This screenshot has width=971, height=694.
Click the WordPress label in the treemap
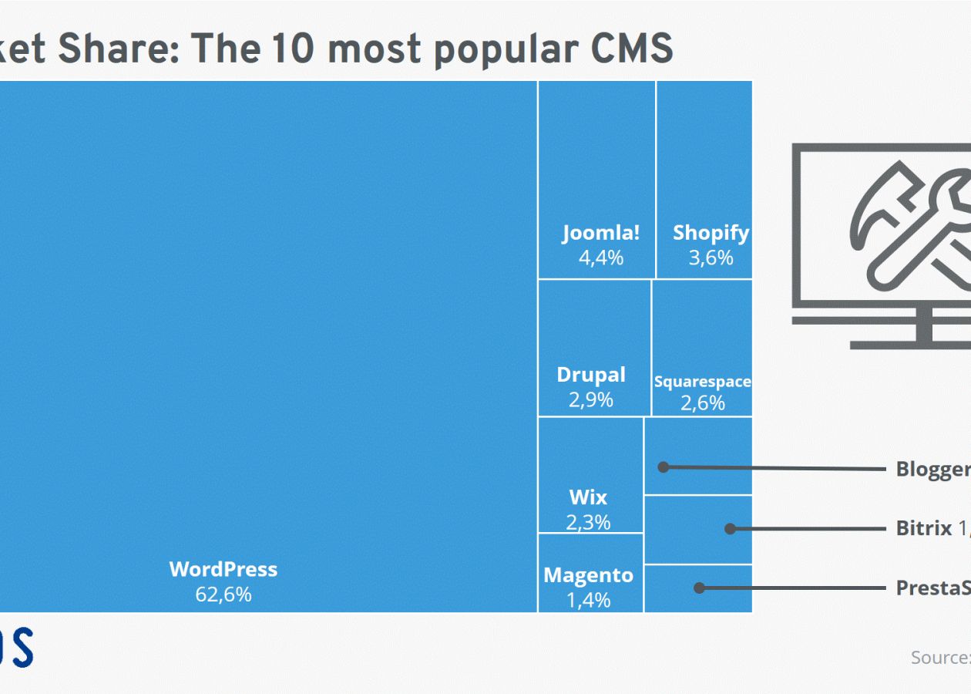[223, 570]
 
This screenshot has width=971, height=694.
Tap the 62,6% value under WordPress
[223, 595]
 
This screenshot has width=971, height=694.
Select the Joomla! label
[601, 233]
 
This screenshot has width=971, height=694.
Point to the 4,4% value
[601, 258]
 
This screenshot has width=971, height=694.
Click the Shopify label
[711, 233]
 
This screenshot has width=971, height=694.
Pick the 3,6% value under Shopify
[711, 258]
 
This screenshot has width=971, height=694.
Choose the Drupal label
[591, 376]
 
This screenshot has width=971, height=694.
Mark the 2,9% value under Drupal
[591, 400]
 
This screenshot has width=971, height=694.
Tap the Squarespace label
[702, 382]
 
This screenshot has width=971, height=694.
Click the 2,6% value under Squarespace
[702, 403]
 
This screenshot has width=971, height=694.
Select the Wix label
[588, 497]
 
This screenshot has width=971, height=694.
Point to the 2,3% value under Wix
[588, 522]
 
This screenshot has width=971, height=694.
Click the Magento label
[588, 575]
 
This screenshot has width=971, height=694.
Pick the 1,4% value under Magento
[588, 599]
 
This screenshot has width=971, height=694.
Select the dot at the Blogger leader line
[663, 467]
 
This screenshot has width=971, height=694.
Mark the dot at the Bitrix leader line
[729, 528]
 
